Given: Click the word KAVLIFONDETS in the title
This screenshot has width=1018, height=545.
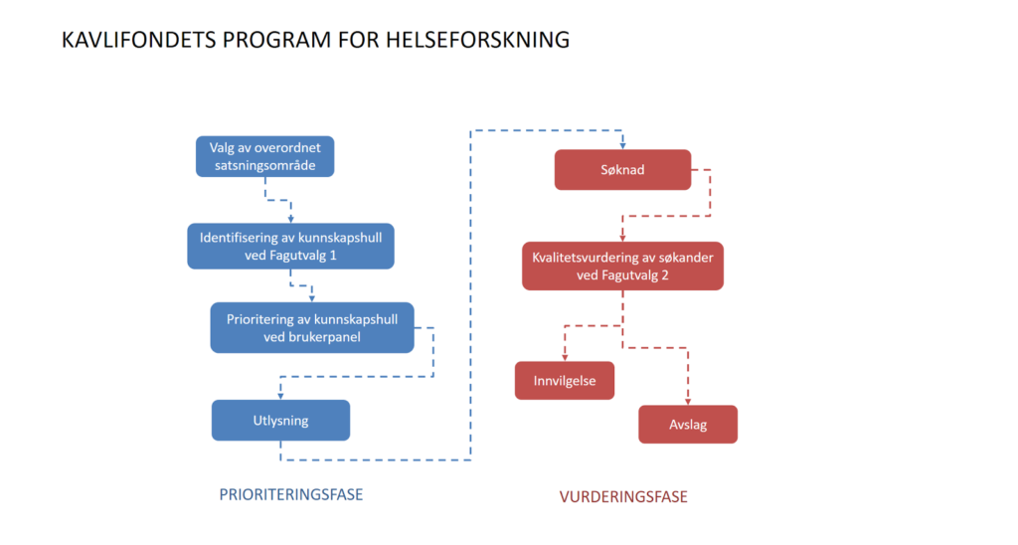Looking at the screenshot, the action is pos(138,40).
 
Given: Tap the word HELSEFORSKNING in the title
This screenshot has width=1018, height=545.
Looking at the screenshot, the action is pos(477,40).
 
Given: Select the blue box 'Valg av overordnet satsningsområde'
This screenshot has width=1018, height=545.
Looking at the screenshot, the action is pos(264,156).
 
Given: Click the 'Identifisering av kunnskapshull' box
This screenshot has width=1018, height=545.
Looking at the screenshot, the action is pos(291,247).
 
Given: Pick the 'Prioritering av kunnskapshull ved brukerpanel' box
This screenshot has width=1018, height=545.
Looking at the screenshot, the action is pos(312,327).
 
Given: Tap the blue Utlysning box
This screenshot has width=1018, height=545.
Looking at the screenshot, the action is pos(280,421).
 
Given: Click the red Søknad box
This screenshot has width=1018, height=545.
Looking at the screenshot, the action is pos(622,169).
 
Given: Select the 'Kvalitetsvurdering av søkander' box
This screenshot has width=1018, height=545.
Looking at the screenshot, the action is pos(622,267).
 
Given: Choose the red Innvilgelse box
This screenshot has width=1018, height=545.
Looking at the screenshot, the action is pos(565,381).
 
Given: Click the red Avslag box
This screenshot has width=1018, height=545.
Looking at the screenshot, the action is pos(688,425).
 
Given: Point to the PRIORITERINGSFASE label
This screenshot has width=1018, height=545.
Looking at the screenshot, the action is pos(291,494).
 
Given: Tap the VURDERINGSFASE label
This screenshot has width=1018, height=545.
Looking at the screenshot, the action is pos(623,497).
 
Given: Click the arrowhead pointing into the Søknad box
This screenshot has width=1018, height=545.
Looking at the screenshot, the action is pos(622,145).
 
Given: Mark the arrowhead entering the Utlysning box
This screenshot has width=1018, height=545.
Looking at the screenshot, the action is pos(280,396).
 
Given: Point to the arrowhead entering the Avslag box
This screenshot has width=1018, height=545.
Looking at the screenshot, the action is pos(688,402).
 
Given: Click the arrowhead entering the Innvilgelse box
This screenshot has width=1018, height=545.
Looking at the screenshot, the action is pos(565,358).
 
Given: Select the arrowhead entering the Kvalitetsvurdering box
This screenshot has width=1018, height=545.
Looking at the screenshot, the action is pos(622,239).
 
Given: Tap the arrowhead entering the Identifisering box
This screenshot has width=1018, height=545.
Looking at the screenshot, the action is pos(291,220).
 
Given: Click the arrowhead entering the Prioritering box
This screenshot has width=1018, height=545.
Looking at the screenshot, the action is pos(312,298).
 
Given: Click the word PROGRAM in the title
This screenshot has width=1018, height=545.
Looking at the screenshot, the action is pos(276,40).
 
